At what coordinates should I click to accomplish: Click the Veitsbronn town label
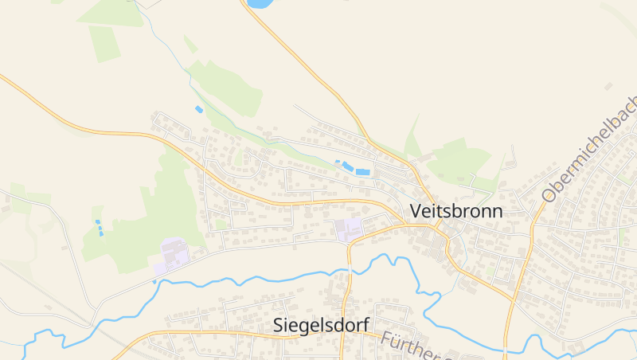(456, 211)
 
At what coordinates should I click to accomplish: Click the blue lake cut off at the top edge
(258, 3)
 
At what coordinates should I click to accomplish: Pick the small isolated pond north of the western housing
(199, 109)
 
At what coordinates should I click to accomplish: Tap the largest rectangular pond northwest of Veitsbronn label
(363, 171)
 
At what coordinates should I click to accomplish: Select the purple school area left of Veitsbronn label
(348, 229)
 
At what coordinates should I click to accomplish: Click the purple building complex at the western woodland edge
(174, 254)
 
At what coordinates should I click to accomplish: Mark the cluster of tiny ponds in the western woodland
(100, 228)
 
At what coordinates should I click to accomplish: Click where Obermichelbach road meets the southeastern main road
(515, 301)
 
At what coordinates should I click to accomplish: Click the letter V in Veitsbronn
(416, 211)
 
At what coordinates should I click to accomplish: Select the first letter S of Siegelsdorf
(278, 325)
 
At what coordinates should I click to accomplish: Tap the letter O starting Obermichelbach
(549, 194)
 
